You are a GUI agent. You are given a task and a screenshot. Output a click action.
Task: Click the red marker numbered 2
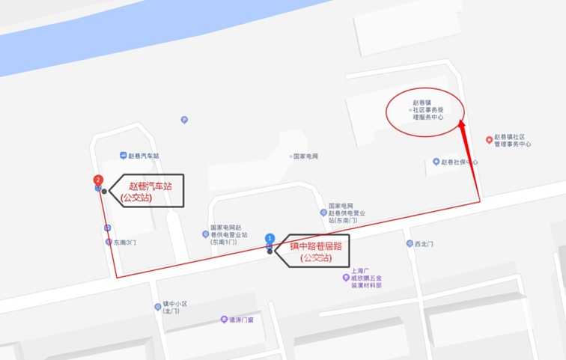pos(97,180)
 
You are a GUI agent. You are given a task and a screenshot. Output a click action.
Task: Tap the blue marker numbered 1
pos(270,238)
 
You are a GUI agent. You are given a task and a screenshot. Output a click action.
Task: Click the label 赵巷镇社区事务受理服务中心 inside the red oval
pos(428,110)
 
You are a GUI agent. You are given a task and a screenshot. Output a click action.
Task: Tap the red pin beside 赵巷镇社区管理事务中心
pos(489,140)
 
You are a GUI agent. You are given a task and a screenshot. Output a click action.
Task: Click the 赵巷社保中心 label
pos(459,162)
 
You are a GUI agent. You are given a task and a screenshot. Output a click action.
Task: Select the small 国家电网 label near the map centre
pos(306,156)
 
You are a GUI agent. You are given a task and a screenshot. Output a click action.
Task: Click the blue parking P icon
pos(184,119)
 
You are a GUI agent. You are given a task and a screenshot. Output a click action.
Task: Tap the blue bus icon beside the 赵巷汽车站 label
pos(122,156)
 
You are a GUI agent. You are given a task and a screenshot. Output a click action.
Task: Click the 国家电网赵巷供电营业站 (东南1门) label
pos(228,234)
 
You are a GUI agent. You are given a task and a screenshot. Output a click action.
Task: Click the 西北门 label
pos(424,244)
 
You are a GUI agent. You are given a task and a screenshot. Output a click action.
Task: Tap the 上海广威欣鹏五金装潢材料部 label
pos(367,278)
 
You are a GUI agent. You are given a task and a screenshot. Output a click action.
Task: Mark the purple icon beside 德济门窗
pos(223,320)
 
